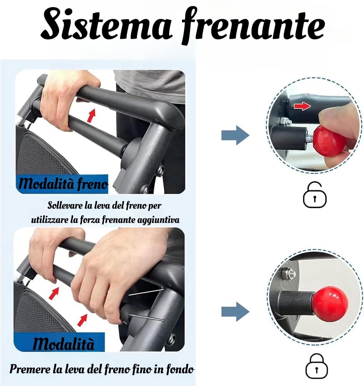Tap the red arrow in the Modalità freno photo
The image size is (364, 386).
91,116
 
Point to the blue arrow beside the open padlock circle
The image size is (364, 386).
235,135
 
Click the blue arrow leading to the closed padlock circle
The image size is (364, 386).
235,312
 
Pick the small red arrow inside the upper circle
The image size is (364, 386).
302,106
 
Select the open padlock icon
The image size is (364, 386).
315,195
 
